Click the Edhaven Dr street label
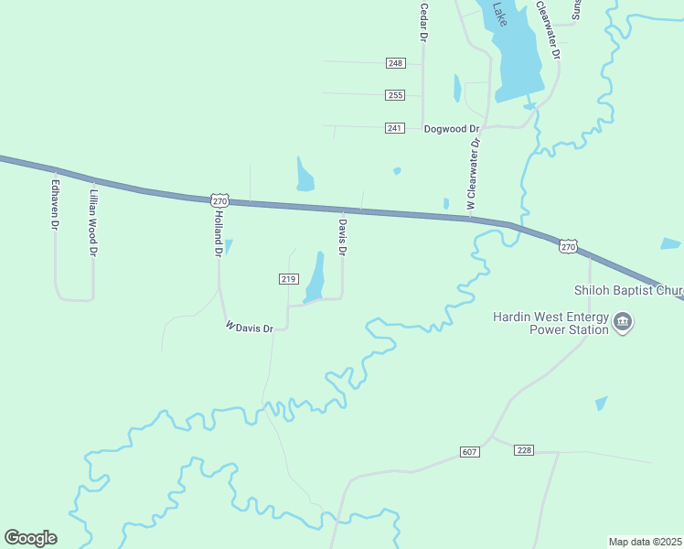(55, 203)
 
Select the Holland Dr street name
(219, 232)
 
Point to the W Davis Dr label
(250, 327)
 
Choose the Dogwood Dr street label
(452, 129)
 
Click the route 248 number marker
(395, 63)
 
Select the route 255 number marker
(395, 95)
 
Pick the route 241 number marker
(395, 128)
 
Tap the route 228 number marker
(524, 450)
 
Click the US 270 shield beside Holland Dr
(219, 199)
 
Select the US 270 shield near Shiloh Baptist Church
(568, 247)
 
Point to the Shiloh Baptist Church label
(628, 292)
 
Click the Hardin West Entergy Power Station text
(550, 323)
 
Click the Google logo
(30, 538)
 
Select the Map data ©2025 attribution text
(645, 542)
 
